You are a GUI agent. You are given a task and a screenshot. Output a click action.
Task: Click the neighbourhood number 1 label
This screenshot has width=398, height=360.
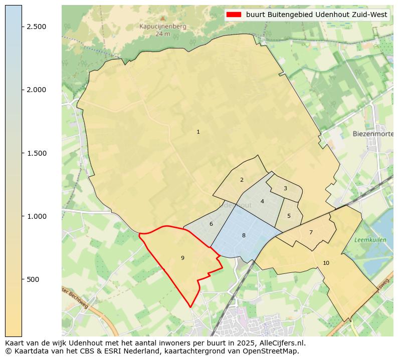[x=198, y=132]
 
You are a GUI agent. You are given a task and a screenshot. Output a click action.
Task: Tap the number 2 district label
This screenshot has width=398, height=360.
[x=242, y=180]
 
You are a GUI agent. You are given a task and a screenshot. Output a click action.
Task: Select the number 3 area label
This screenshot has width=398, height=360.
[x=285, y=189]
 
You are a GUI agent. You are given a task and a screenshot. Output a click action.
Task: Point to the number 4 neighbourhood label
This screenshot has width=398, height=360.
[x=262, y=202]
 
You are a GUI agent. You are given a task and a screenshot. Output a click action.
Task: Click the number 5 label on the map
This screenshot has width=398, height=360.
[x=289, y=216]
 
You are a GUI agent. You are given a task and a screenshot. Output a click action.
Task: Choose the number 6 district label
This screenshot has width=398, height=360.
[x=211, y=224]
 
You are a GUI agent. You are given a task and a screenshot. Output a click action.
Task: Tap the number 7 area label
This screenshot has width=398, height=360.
[x=311, y=233]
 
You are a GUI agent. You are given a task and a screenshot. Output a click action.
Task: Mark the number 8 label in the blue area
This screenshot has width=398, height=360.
[x=244, y=235]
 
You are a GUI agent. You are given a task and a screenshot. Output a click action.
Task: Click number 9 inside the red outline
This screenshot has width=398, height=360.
[x=182, y=258]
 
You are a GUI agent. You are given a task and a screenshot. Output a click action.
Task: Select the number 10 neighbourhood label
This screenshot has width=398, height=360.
[x=326, y=263]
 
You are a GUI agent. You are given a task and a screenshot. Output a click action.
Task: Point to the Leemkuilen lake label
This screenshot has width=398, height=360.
[x=370, y=240]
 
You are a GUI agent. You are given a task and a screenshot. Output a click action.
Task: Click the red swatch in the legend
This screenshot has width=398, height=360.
[x=234, y=15]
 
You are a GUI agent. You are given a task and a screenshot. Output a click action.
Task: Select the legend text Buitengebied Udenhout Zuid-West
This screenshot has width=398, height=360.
[x=317, y=15]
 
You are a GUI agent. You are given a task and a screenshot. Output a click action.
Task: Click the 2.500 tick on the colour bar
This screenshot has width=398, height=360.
[x=37, y=27]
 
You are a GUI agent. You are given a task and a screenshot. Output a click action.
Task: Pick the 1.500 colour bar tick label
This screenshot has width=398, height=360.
[x=37, y=153]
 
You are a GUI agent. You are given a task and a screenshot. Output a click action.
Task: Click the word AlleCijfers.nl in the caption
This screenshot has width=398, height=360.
[x=281, y=343]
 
